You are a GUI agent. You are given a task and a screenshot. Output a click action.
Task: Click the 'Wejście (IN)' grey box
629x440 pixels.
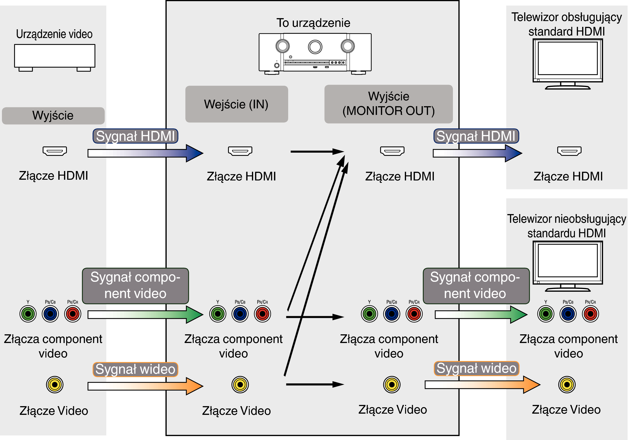(x=237, y=104)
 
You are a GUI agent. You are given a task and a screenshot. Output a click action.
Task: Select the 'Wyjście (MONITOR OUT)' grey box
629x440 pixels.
(x=388, y=104)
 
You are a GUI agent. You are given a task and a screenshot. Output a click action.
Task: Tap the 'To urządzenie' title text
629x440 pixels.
(x=313, y=23)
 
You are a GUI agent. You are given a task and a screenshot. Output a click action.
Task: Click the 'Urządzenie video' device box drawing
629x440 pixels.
(x=55, y=58)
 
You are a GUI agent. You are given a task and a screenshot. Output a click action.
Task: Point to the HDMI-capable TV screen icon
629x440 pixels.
(x=568, y=64)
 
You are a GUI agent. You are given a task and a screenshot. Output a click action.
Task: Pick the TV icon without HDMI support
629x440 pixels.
(x=568, y=266)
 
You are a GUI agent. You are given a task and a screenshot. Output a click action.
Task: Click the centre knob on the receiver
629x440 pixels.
(x=315, y=47)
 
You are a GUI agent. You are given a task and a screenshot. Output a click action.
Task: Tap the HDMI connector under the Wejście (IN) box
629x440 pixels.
(x=240, y=151)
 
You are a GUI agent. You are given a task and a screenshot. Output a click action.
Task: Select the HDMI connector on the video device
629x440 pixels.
(x=55, y=151)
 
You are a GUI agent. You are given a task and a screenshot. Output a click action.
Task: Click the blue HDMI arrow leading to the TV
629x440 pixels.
(x=478, y=153)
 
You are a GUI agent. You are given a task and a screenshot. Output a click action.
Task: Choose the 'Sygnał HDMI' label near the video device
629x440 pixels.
(x=135, y=136)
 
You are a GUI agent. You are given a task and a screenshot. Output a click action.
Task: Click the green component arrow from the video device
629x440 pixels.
(x=145, y=315)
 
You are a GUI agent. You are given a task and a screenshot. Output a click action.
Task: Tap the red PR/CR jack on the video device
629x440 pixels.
(x=73, y=314)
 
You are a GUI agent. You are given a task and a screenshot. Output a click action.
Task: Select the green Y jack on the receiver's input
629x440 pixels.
(x=218, y=314)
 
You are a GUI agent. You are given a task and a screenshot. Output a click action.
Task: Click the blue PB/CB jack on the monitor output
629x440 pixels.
(x=392, y=314)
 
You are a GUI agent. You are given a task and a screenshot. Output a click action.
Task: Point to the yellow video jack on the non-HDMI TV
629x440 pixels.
(x=567, y=385)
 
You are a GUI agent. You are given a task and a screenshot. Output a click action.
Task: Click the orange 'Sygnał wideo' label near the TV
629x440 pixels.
(x=476, y=368)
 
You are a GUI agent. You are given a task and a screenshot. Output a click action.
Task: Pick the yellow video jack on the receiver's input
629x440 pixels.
(x=240, y=385)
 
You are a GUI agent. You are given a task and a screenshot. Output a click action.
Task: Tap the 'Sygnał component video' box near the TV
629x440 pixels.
(x=476, y=286)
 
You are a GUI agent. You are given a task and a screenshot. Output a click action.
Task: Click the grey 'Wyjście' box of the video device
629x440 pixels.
(x=53, y=115)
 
